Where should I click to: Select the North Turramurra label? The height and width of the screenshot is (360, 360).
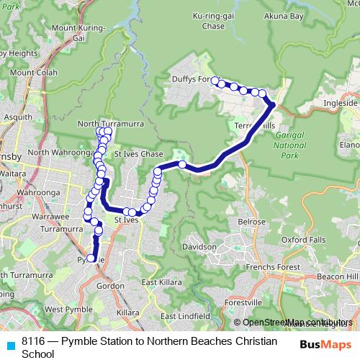[111, 124]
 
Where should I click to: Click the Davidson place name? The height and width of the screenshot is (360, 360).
[199, 246]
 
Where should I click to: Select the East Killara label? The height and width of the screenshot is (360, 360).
[159, 282]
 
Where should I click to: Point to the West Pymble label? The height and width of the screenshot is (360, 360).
[69, 309]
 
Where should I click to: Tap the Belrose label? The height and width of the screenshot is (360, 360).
[251, 222]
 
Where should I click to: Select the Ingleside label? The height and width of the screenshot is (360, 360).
[340, 103]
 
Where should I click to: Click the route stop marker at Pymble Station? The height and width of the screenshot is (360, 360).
[91, 258]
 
